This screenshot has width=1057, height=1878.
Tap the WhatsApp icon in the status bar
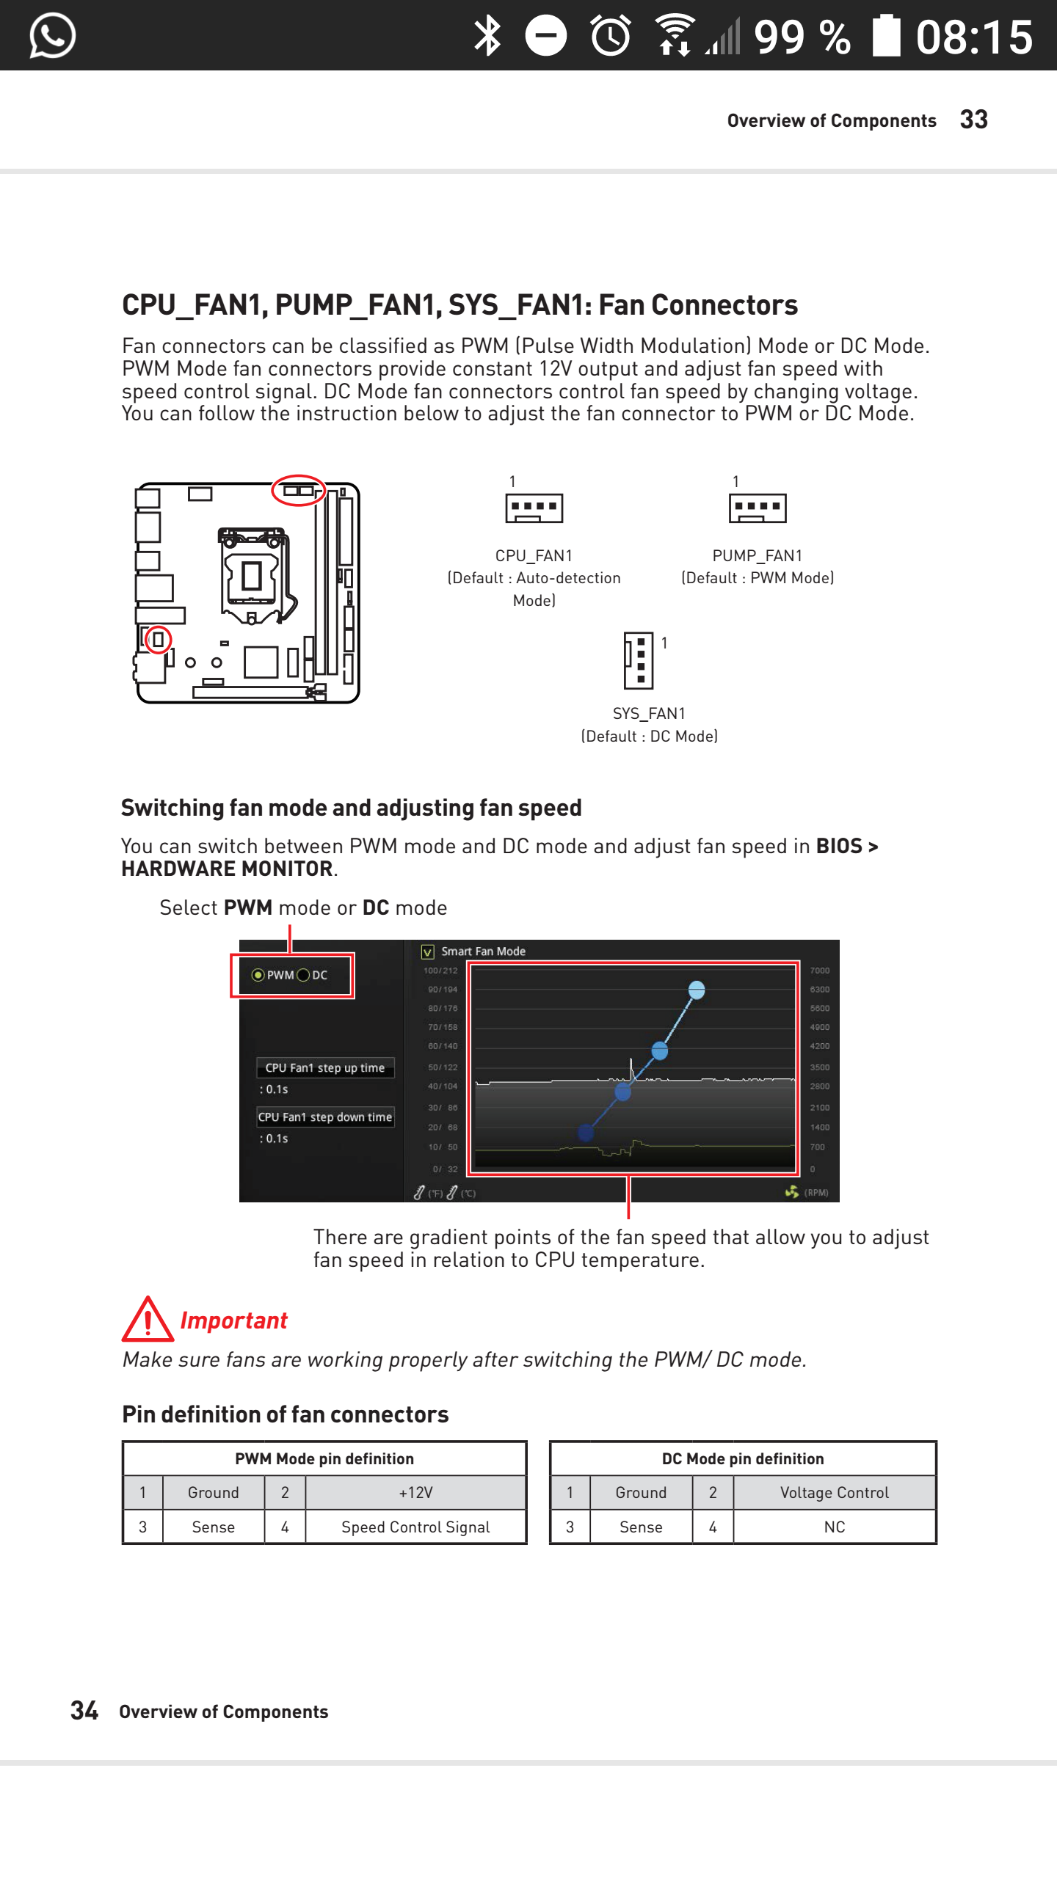52,35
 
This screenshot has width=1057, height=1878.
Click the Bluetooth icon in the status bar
487,36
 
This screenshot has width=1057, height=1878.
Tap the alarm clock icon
610,36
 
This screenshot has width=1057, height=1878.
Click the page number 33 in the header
973,120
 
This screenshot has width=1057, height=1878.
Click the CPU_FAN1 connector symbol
534,508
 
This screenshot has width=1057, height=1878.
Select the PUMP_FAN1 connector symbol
757,508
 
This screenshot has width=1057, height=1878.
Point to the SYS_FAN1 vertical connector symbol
639,660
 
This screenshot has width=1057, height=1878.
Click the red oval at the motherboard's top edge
298,490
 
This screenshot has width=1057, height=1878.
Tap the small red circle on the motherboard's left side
158,640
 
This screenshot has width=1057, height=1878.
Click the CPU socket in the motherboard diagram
252,575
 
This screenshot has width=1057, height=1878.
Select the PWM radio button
258,975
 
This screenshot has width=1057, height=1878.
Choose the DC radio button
303,975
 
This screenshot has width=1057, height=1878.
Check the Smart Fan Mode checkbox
428,951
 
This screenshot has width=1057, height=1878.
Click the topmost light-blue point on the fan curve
697,990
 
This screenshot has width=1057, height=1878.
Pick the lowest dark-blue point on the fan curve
586,1133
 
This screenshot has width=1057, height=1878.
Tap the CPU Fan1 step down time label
325,1117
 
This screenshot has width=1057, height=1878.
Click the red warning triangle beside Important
148,1320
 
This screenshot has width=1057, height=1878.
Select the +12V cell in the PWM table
415,1492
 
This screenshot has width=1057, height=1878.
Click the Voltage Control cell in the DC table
834,1492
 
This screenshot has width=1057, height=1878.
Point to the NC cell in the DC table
834,1527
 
